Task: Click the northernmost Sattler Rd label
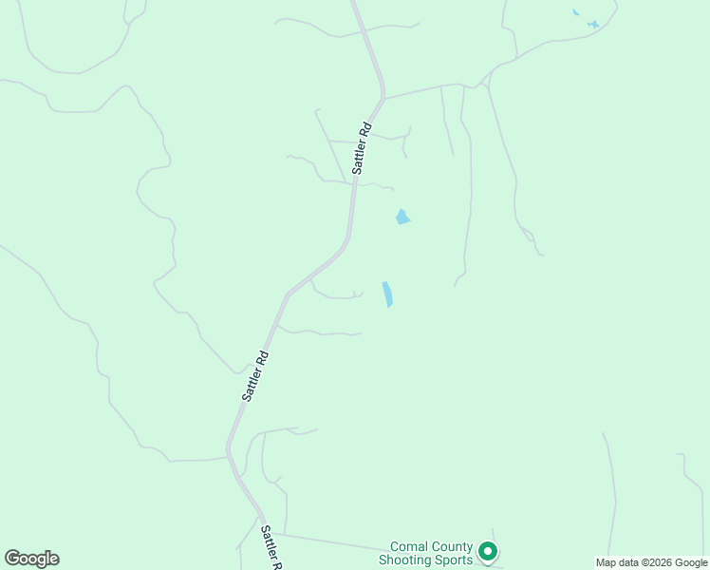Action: click(x=361, y=148)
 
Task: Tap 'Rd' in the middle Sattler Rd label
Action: click(x=263, y=361)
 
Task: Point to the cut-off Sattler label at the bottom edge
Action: click(x=271, y=547)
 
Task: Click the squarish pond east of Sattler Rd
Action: click(x=402, y=218)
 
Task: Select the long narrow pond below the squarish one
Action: click(x=387, y=294)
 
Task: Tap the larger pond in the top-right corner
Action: click(x=593, y=24)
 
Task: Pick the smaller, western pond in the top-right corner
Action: click(x=575, y=12)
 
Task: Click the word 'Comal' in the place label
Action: click(x=410, y=547)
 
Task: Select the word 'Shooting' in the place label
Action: click(x=405, y=560)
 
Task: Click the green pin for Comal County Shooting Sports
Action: click(x=488, y=550)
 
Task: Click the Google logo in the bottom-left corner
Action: click(x=31, y=559)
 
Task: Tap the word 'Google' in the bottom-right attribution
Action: click(x=690, y=562)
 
